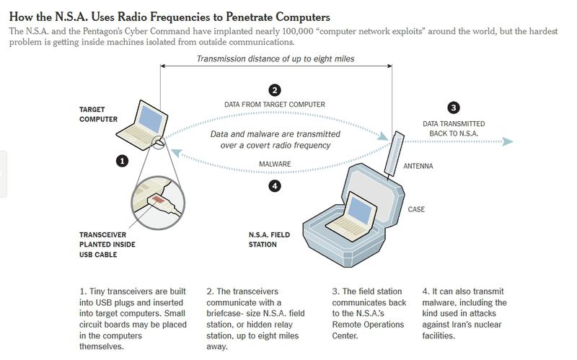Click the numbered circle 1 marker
pyautogui.click(x=123, y=161)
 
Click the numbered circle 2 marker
pyautogui.click(x=274, y=90)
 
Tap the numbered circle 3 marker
pyautogui.click(x=453, y=108)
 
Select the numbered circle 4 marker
pyautogui.click(x=274, y=185)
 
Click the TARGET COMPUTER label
pyautogui.click(x=97, y=114)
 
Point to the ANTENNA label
pyautogui.click(x=418, y=166)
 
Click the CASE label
pyautogui.click(x=416, y=210)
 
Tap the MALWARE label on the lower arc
pyautogui.click(x=275, y=164)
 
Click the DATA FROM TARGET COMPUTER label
pyautogui.click(x=274, y=105)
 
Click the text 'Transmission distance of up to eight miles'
pyautogui.click(x=274, y=58)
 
